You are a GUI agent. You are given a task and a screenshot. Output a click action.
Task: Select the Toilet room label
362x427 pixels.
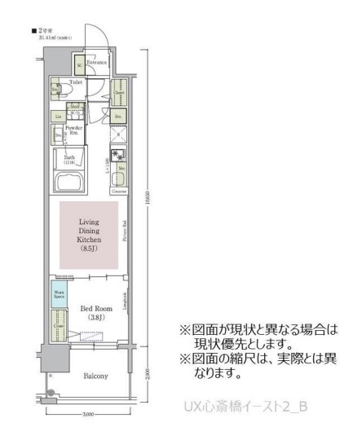coord(76,82)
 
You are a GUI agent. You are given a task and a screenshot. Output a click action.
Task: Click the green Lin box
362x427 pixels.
coord(59,117)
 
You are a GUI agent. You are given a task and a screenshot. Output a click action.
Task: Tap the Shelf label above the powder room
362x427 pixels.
coord(74,107)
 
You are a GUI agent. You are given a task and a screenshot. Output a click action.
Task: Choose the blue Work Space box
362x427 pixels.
coord(60,294)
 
